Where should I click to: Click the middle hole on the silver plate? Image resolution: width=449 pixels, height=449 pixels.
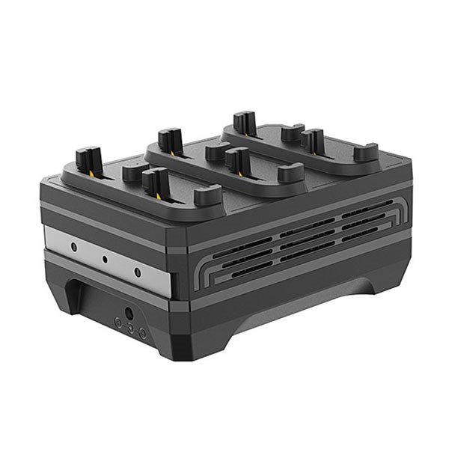(x=105, y=259)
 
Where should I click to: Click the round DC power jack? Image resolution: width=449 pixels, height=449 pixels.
(x=129, y=313)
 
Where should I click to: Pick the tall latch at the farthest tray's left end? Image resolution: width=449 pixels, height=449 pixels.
(x=242, y=122)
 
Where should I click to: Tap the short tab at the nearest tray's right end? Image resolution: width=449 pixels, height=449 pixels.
(x=207, y=196)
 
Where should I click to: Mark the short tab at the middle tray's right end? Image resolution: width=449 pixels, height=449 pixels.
(x=290, y=173)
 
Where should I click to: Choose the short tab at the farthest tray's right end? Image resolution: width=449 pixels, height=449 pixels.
(x=365, y=152)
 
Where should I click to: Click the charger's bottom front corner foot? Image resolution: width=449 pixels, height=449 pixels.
(x=176, y=348)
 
